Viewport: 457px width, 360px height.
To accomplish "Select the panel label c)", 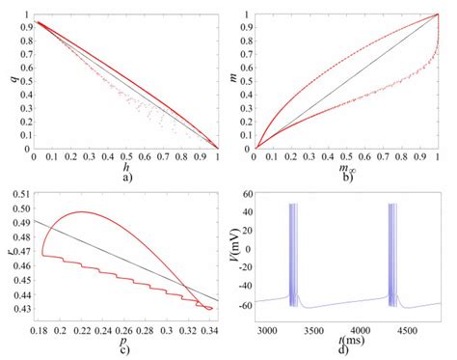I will pyautogui.click(x=126, y=347).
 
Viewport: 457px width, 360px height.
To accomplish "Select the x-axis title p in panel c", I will pyautogui.click(x=126, y=337).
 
